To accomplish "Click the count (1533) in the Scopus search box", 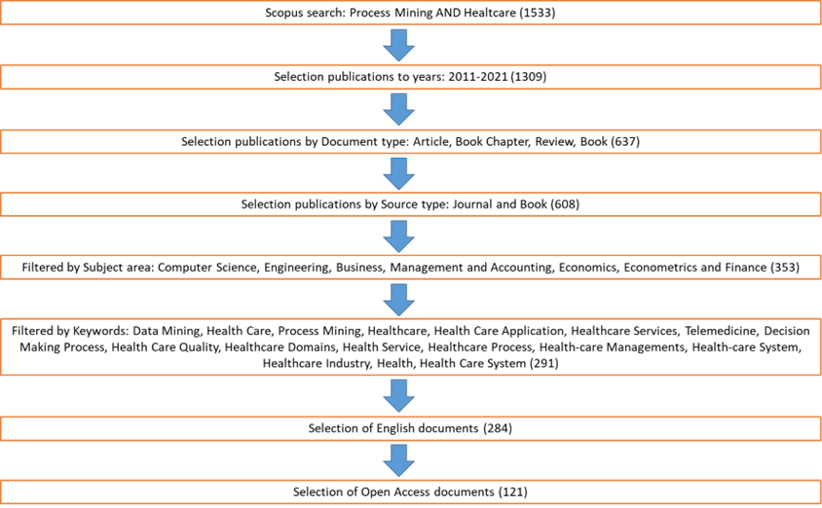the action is [x=537, y=13].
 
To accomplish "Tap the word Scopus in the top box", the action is [x=283, y=13].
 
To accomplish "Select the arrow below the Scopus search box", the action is [x=399, y=46].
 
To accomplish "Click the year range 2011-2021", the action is [x=478, y=77].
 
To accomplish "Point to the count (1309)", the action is [x=529, y=77].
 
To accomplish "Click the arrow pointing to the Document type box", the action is [x=399, y=109].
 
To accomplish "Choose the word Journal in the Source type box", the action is [x=471, y=204].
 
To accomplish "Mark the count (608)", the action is [x=565, y=204].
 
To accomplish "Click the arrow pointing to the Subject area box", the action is [x=399, y=236].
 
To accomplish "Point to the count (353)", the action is [x=785, y=268].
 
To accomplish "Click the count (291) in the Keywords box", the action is [x=543, y=363].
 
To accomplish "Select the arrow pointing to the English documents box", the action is [x=399, y=396].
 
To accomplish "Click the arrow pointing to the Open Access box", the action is [x=399, y=460].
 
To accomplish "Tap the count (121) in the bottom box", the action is [x=512, y=491].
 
